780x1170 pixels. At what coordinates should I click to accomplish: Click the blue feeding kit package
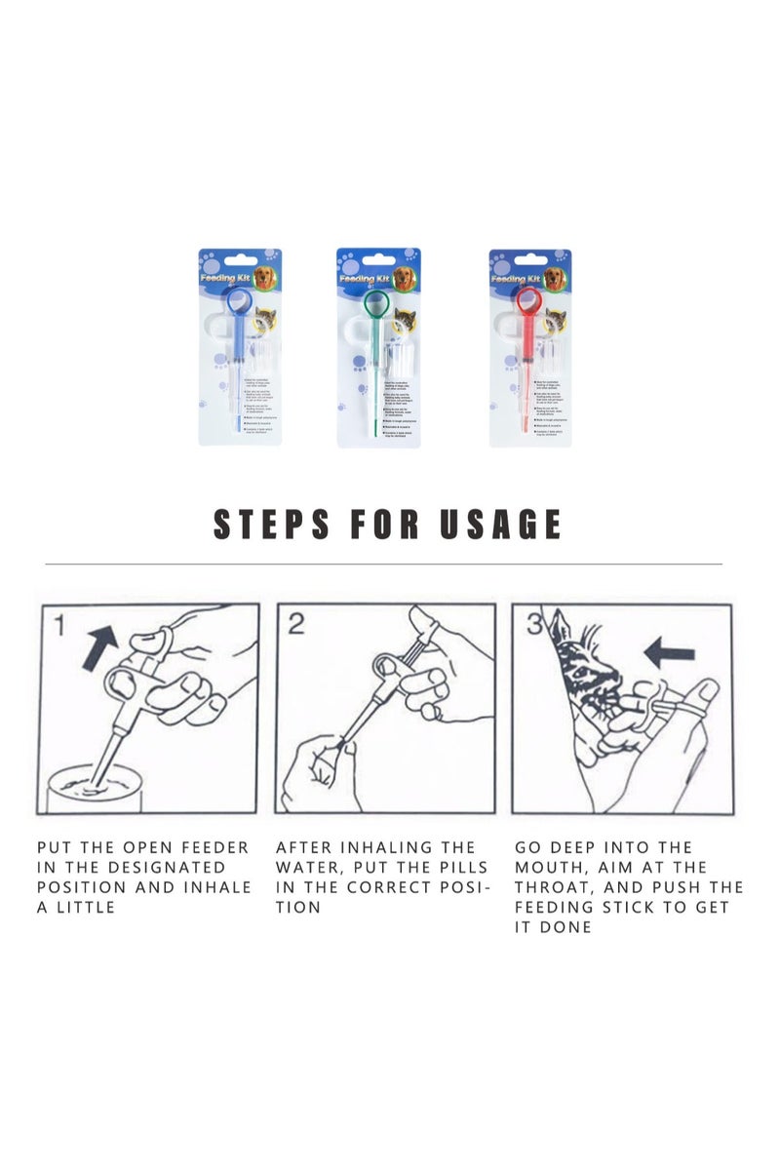pos(240,347)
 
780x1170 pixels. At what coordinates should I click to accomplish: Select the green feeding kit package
pos(378,347)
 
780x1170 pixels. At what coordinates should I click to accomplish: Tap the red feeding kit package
pos(529,347)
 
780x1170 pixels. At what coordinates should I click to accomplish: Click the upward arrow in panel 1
pos(99,647)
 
